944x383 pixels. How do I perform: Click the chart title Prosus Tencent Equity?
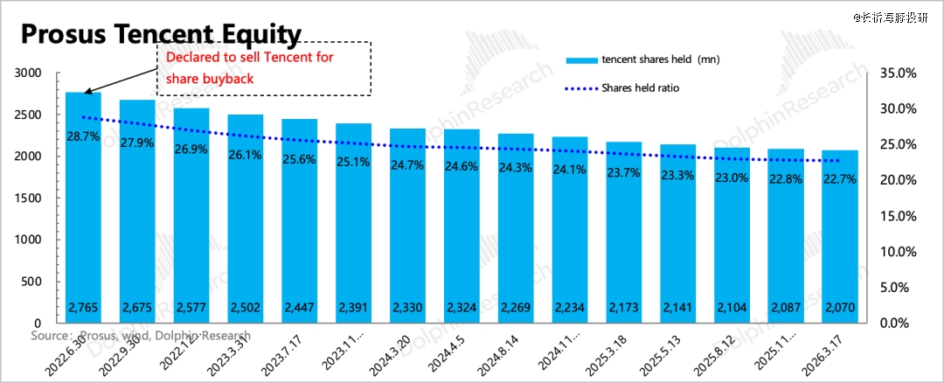tap(161, 34)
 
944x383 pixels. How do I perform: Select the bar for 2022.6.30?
tap(84, 210)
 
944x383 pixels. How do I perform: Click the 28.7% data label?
tap(84, 138)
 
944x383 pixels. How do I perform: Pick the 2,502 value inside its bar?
tap(246, 308)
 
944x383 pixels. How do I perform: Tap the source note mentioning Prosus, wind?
tap(140, 336)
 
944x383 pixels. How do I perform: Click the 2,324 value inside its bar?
tap(462, 308)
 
